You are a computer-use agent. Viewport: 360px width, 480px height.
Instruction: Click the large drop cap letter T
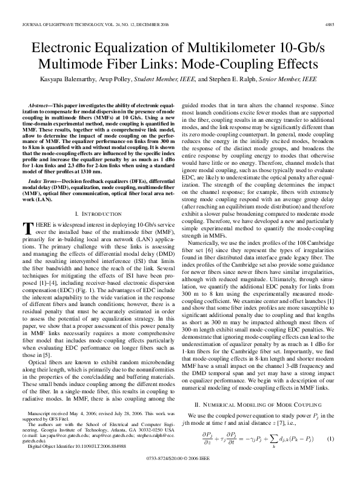click(27, 228)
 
